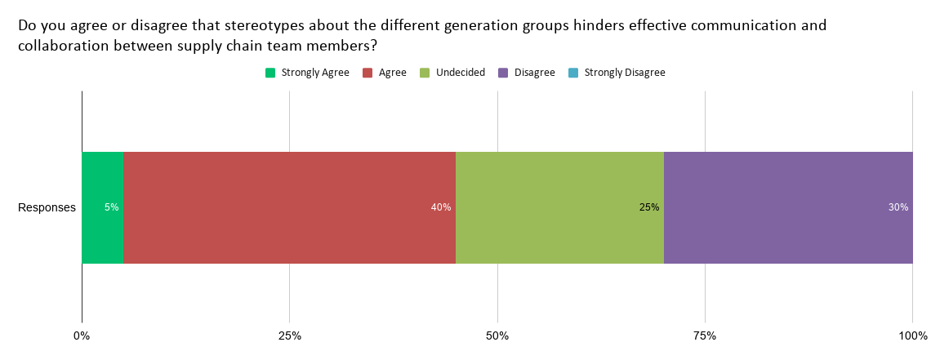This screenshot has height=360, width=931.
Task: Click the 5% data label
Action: click(x=111, y=207)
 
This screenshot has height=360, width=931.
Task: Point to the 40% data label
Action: click(x=441, y=207)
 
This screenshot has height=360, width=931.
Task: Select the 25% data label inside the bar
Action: click(x=649, y=207)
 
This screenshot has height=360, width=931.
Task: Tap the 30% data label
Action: click(x=898, y=207)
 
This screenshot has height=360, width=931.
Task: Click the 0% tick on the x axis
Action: click(x=82, y=336)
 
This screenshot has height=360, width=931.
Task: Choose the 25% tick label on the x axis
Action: click(x=290, y=336)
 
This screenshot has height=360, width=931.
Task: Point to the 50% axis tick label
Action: click(x=497, y=336)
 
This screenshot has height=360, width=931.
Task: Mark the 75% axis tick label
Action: click(x=705, y=336)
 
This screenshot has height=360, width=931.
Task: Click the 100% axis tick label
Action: click(x=912, y=336)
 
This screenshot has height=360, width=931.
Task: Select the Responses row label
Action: click(x=47, y=207)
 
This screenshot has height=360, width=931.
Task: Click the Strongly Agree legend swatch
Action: click(x=270, y=73)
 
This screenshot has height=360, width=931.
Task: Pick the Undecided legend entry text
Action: click(x=461, y=73)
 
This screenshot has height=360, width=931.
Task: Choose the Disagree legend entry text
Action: click(x=535, y=73)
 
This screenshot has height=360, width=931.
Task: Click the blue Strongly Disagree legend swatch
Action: click(x=573, y=73)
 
